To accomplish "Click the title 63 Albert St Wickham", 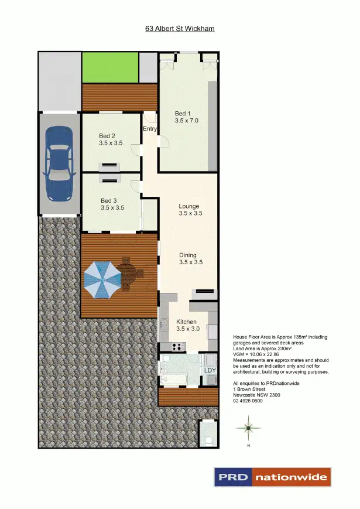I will pos(180,28).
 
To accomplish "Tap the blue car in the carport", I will pos(59,156).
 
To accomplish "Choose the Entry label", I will pos(150,129).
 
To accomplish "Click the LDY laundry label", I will pos(210,371).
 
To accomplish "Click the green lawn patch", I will pos(109,67).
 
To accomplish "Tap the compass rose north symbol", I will pos(249,429).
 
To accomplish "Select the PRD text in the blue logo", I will pos(234,477).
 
